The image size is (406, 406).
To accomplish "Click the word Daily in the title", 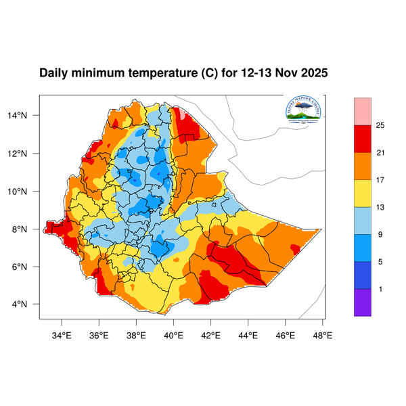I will click(54, 72).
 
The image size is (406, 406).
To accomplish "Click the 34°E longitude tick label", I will click(62, 334).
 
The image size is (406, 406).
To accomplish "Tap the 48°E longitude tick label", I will click(322, 334).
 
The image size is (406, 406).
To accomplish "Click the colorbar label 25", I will click(380, 125).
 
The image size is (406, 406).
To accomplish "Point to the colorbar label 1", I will click(381, 289).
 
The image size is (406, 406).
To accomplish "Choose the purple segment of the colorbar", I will click(363, 302).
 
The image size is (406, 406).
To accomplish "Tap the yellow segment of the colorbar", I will click(363, 194).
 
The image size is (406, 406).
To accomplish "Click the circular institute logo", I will click(304, 110).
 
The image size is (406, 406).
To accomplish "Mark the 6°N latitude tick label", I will click(28, 267).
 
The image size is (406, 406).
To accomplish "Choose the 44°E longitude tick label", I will click(248, 334).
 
